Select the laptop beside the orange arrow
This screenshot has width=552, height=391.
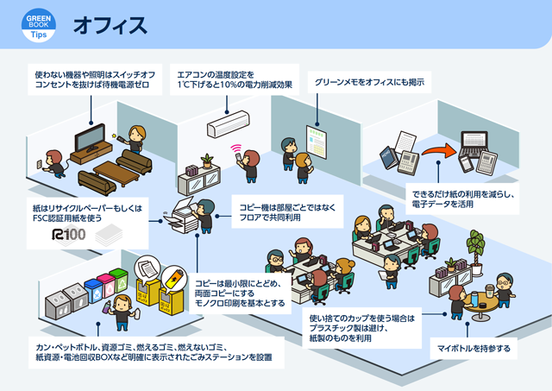(x=474, y=146)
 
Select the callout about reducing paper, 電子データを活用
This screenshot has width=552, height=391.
(x=474, y=198)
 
